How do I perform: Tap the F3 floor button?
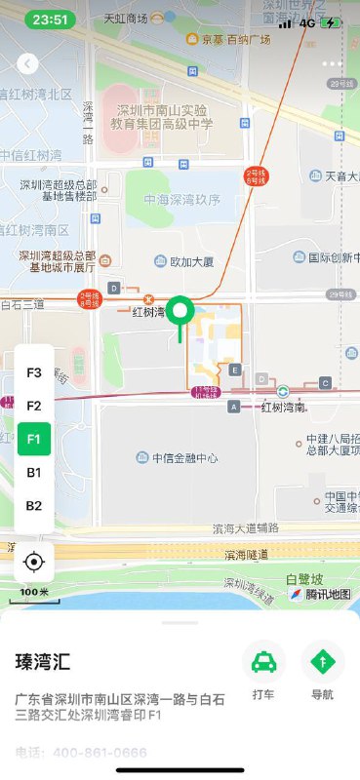[x=34, y=372]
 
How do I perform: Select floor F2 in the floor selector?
[x=34, y=406]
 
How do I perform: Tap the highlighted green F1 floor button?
[x=34, y=439]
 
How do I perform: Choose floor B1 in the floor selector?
[x=34, y=472]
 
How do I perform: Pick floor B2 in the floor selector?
[x=34, y=505]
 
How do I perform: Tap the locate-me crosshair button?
[x=34, y=562]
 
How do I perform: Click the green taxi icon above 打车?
[x=263, y=662]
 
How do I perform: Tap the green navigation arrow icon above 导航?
[x=322, y=662]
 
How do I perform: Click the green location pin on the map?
[x=180, y=313]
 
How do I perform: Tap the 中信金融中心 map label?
[x=184, y=457]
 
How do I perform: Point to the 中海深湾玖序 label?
[x=182, y=200]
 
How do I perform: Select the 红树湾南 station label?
[x=283, y=407]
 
